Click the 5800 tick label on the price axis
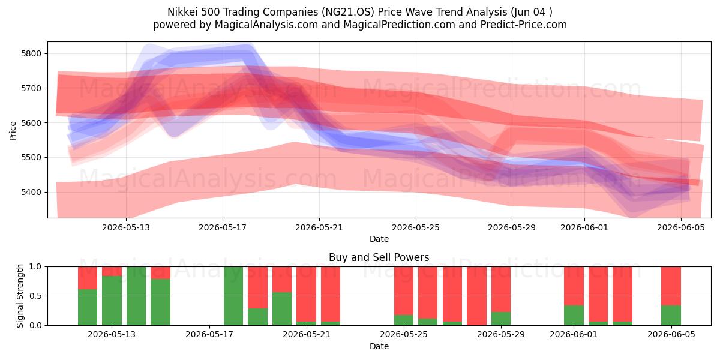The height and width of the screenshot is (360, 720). click(x=31, y=53)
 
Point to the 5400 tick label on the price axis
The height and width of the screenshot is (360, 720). click(x=31, y=192)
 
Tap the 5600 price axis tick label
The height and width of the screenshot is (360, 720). click(x=31, y=123)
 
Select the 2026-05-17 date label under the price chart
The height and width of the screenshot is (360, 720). click(x=223, y=227)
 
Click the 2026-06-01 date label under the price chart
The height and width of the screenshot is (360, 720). click(x=584, y=227)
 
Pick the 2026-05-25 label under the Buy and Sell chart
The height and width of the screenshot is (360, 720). click(x=404, y=335)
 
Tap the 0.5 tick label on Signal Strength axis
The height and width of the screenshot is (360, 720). click(x=35, y=296)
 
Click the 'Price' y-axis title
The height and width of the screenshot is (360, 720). click(x=13, y=131)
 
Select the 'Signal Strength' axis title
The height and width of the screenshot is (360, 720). click(x=20, y=296)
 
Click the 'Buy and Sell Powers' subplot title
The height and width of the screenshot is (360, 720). click(x=379, y=257)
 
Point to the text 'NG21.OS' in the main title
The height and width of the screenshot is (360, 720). click(x=349, y=12)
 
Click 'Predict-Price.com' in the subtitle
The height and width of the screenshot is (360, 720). click(x=524, y=25)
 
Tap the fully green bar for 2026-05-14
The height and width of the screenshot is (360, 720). click(x=136, y=296)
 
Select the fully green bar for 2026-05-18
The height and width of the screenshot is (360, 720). click(x=233, y=296)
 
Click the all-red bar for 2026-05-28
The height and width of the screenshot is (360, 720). click(x=476, y=296)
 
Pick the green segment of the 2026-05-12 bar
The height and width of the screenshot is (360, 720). click(x=88, y=307)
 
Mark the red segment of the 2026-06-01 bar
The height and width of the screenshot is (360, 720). click(x=574, y=286)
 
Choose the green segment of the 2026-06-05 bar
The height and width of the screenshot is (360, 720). click(x=671, y=316)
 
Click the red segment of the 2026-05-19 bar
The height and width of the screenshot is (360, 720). click(x=257, y=287)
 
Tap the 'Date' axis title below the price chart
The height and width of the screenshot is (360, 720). click(x=379, y=239)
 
